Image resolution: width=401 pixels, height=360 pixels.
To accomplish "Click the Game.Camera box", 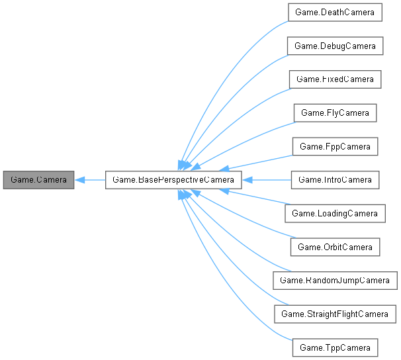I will (x=38, y=179).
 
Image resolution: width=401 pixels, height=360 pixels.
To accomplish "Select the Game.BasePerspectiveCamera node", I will (x=173, y=179).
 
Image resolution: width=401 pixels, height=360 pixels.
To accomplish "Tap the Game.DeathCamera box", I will (x=335, y=12).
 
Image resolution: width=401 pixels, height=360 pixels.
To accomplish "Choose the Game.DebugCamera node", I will (x=335, y=46).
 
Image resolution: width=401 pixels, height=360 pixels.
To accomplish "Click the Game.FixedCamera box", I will (x=335, y=79).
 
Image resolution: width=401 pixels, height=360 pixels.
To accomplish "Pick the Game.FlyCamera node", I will (x=335, y=112).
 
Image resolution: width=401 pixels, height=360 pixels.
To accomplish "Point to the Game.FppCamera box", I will (x=335, y=146).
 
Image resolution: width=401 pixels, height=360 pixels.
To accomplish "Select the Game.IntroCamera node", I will (x=335, y=179).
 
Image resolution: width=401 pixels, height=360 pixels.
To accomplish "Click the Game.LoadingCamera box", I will (x=335, y=213).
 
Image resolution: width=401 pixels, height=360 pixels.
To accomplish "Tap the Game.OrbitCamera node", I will (x=335, y=246).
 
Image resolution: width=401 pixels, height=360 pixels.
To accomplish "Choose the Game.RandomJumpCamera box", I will (x=335, y=280).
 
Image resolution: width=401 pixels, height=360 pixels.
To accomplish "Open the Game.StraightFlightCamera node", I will (x=335, y=313).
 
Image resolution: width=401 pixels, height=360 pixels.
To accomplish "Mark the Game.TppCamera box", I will (x=335, y=347).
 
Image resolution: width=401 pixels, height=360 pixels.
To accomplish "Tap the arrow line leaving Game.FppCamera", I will (x=265, y=161).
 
